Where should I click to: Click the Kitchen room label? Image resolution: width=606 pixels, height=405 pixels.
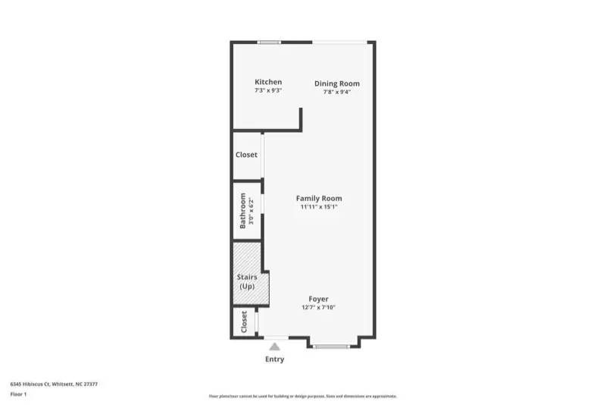(x=268, y=82)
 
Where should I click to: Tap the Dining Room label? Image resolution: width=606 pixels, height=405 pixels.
(x=337, y=83)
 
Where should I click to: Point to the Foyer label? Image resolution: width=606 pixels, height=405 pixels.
(x=318, y=299)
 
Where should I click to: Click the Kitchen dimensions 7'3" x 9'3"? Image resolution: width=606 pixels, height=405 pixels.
(x=268, y=91)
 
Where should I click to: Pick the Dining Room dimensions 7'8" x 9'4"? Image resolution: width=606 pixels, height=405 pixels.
(x=337, y=92)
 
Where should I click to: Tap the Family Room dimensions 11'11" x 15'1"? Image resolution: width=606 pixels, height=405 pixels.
(x=318, y=207)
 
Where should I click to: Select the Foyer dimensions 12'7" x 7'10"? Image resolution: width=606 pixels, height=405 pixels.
(x=318, y=307)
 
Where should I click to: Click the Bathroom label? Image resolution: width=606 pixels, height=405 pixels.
(x=243, y=210)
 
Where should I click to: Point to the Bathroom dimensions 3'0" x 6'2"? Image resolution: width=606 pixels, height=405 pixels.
(x=251, y=210)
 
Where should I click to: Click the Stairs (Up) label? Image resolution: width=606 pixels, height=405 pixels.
(x=247, y=282)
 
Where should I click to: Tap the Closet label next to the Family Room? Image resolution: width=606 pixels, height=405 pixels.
(x=246, y=155)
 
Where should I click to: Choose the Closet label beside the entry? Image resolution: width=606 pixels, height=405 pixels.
(x=244, y=322)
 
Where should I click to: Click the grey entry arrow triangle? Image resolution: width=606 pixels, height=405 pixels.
(x=275, y=346)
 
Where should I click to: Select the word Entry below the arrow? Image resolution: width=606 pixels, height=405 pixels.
(x=274, y=359)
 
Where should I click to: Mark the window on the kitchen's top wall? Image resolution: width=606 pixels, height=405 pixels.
(x=269, y=42)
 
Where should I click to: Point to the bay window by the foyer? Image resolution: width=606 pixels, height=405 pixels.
(x=333, y=347)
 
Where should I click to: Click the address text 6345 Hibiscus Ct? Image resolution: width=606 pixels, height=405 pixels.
(x=54, y=384)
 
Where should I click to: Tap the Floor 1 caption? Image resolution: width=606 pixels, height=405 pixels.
(x=18, y=394)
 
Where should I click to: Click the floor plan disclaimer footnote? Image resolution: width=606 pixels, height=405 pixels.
(x=302, y=396)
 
